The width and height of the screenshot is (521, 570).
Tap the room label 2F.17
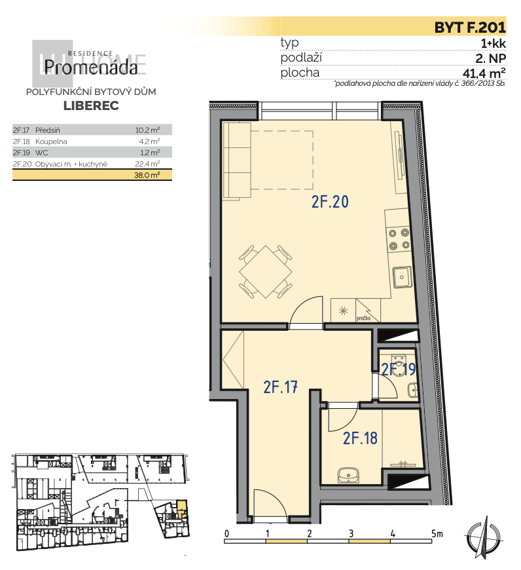(x=281, y=387)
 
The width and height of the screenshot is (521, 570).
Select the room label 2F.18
(x=360, y=438)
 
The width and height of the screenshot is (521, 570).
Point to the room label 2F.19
(x=398, y=370)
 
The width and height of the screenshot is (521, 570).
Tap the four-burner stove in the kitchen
(x=398, y=238)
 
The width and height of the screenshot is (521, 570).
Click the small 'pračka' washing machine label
(x=363, y=318)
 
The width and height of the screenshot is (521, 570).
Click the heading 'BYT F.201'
(x=470, y=28)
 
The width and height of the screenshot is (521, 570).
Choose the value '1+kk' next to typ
(x=492, y=43)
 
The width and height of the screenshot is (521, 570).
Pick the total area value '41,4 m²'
(x=484, y=73)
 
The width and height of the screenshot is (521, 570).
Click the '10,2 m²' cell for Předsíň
(x=148, y=130)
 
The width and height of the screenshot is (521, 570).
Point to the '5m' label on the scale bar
(x=436, y=533)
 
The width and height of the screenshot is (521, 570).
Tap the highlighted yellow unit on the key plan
(x=182, y=508)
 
